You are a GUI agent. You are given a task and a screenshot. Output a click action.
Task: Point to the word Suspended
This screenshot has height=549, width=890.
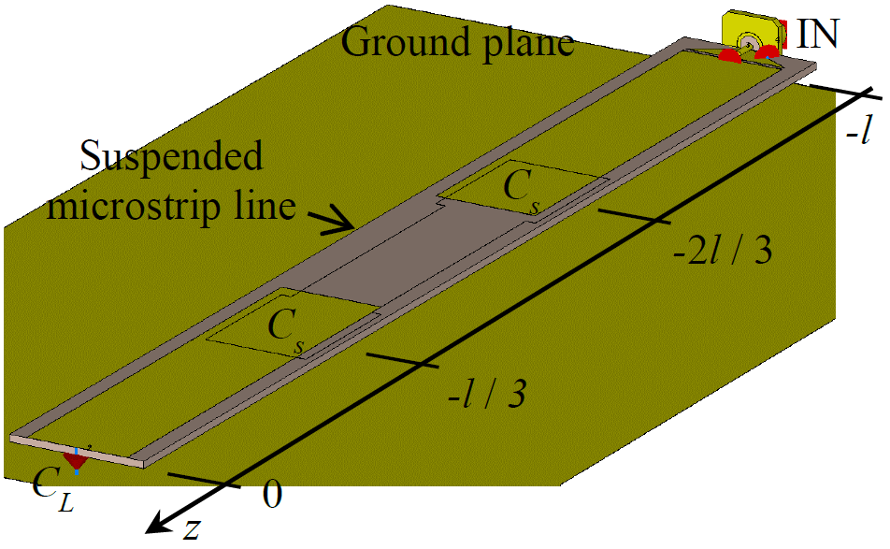(171, 156)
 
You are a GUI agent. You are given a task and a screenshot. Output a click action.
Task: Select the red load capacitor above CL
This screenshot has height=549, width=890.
(75, 459)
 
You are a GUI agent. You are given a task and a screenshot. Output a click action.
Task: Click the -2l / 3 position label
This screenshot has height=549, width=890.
(725, 251)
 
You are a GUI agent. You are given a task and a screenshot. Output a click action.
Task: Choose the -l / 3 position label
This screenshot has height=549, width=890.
(485, 392)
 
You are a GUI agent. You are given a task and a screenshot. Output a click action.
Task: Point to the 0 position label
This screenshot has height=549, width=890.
(271, 495)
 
